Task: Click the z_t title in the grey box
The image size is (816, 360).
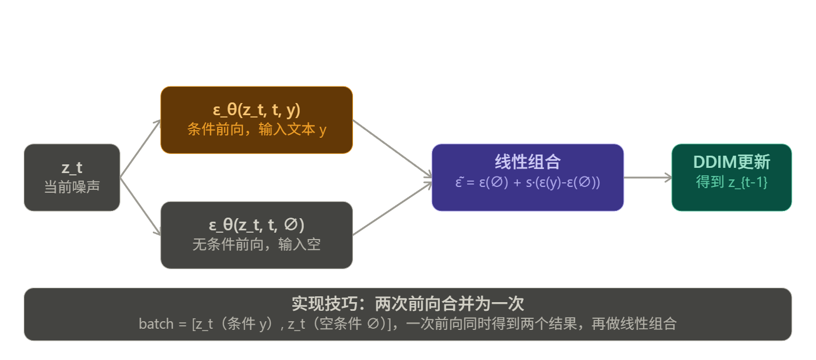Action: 72,168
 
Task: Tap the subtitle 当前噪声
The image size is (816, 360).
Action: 72,187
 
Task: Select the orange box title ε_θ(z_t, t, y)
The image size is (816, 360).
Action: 256,110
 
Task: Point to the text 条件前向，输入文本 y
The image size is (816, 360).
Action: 256,130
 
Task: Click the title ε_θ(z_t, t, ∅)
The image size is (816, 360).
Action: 256,225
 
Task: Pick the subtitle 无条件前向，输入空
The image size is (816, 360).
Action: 256,244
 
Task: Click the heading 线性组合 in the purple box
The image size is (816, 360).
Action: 527,162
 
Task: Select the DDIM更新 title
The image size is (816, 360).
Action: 732,162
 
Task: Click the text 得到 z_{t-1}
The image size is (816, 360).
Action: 732,182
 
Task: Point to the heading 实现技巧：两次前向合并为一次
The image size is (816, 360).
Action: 407,304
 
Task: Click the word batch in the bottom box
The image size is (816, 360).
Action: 156,324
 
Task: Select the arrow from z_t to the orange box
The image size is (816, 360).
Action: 140,148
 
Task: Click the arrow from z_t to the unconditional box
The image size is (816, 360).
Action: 140,206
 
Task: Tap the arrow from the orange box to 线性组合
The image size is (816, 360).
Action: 392,148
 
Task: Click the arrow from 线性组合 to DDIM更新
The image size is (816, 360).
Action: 647,178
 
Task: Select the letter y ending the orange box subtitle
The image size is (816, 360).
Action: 323,131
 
